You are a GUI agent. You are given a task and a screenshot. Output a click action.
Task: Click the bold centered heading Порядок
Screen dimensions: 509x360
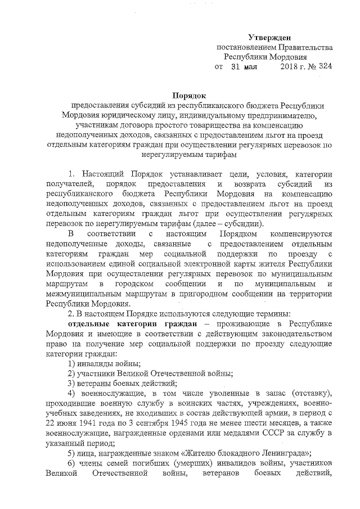pos(189,95)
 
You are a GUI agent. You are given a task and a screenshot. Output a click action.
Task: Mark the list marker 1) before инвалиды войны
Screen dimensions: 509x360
pos(72,364)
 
